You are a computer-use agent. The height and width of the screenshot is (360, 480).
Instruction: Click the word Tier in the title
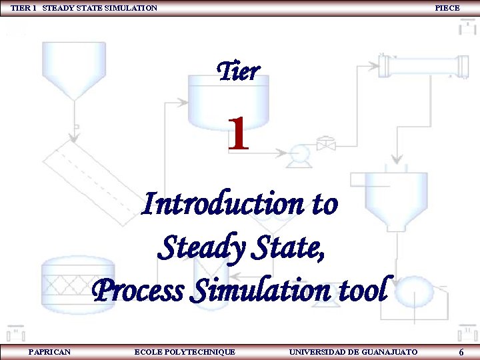tap(239, 71)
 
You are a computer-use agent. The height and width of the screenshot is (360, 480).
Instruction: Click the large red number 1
tap(238, 133)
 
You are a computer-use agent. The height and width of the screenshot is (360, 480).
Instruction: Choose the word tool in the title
tap(361, 290)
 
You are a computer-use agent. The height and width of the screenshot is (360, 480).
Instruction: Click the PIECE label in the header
tap(447, 8)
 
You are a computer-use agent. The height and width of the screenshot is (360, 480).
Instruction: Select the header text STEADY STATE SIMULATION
tap(100, 8)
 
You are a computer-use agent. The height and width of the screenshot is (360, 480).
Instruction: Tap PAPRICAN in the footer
tap(49, 351)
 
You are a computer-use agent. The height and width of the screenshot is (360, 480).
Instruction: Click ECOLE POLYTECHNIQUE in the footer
tap(185, 351)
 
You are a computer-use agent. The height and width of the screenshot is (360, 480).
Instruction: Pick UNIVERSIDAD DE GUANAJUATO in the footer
tap(353, 351)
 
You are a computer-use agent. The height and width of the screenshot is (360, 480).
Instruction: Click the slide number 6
tap(461, 352)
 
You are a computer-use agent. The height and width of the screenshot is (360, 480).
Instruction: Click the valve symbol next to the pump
tap(326, 143)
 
